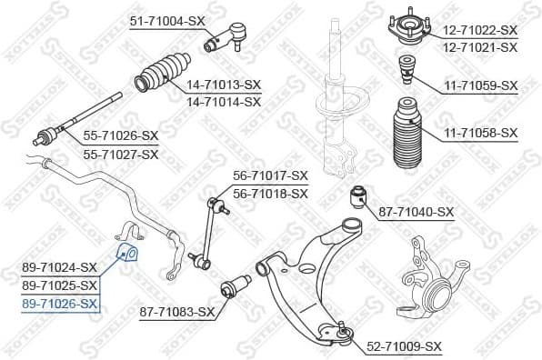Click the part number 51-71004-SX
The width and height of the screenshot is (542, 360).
(x=167, y=19)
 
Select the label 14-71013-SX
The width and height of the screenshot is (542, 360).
(x=224, y=85)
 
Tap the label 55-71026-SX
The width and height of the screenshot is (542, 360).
(x=121, y=136)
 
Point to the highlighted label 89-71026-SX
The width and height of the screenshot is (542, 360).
(x=59, y=303)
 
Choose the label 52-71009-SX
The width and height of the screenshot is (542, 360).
(x=404, y=346)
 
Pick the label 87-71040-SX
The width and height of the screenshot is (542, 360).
(x=416, y=212)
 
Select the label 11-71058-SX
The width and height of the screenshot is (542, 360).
(x=480, y=133)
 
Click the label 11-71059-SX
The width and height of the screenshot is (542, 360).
(x=480, y=85)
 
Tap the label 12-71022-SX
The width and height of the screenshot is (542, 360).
(x=480, y=30)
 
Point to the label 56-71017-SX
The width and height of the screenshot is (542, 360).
(x=270, y=175)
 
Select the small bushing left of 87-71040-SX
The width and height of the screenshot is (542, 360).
(x=358, y=195)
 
